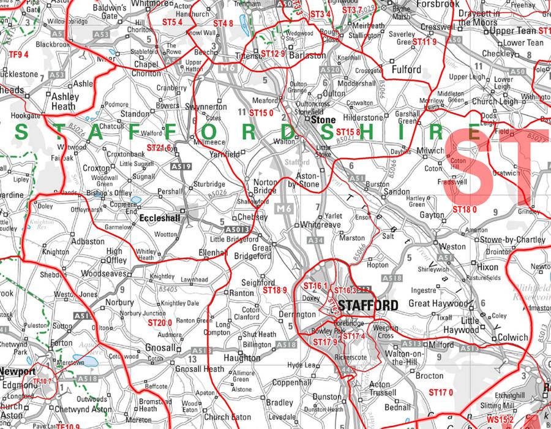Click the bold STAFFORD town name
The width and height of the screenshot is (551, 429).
[368, 305]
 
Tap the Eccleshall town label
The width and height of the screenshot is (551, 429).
[160, 218]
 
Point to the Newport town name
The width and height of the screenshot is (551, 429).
[17, 371]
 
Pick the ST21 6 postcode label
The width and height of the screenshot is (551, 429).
[159, 148]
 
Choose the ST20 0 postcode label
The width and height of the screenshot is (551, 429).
[160, 322]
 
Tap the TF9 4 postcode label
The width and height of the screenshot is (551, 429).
[18, 55]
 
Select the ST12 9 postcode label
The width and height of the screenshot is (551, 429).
[273, 54]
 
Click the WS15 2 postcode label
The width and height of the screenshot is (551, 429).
[500, 420]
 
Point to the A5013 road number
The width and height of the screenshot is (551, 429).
[236, 229]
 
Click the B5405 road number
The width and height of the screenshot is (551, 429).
[167, 289]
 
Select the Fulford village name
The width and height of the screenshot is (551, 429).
[407, 70]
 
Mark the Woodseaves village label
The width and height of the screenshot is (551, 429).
[104, 273]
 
